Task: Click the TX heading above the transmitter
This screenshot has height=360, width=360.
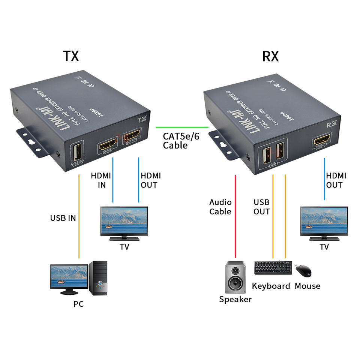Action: (70, 55)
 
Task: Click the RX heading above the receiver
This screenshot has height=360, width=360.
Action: (270, 56)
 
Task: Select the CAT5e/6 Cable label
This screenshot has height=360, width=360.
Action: (181, 141)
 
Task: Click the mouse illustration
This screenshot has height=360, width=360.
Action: (303, 270)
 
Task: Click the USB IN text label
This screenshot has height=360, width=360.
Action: (63, 218)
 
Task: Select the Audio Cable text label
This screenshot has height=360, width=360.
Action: (220, 207)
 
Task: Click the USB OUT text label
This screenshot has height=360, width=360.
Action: (262, 207)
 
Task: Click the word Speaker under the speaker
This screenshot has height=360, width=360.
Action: (235, 299)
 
